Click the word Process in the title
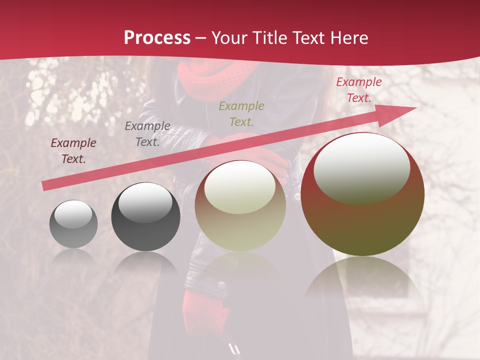[x=157, y=38]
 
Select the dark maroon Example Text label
[x=73, y=151]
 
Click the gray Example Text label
[x=147, y=134]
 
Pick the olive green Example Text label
[x=241, y=113]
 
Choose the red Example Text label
[x=358, y=90]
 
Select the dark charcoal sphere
[x=145, y=217]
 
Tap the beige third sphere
[x=240, y=206]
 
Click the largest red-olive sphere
[x=362, y=195]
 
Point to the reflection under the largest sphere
[x=362, y=280]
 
